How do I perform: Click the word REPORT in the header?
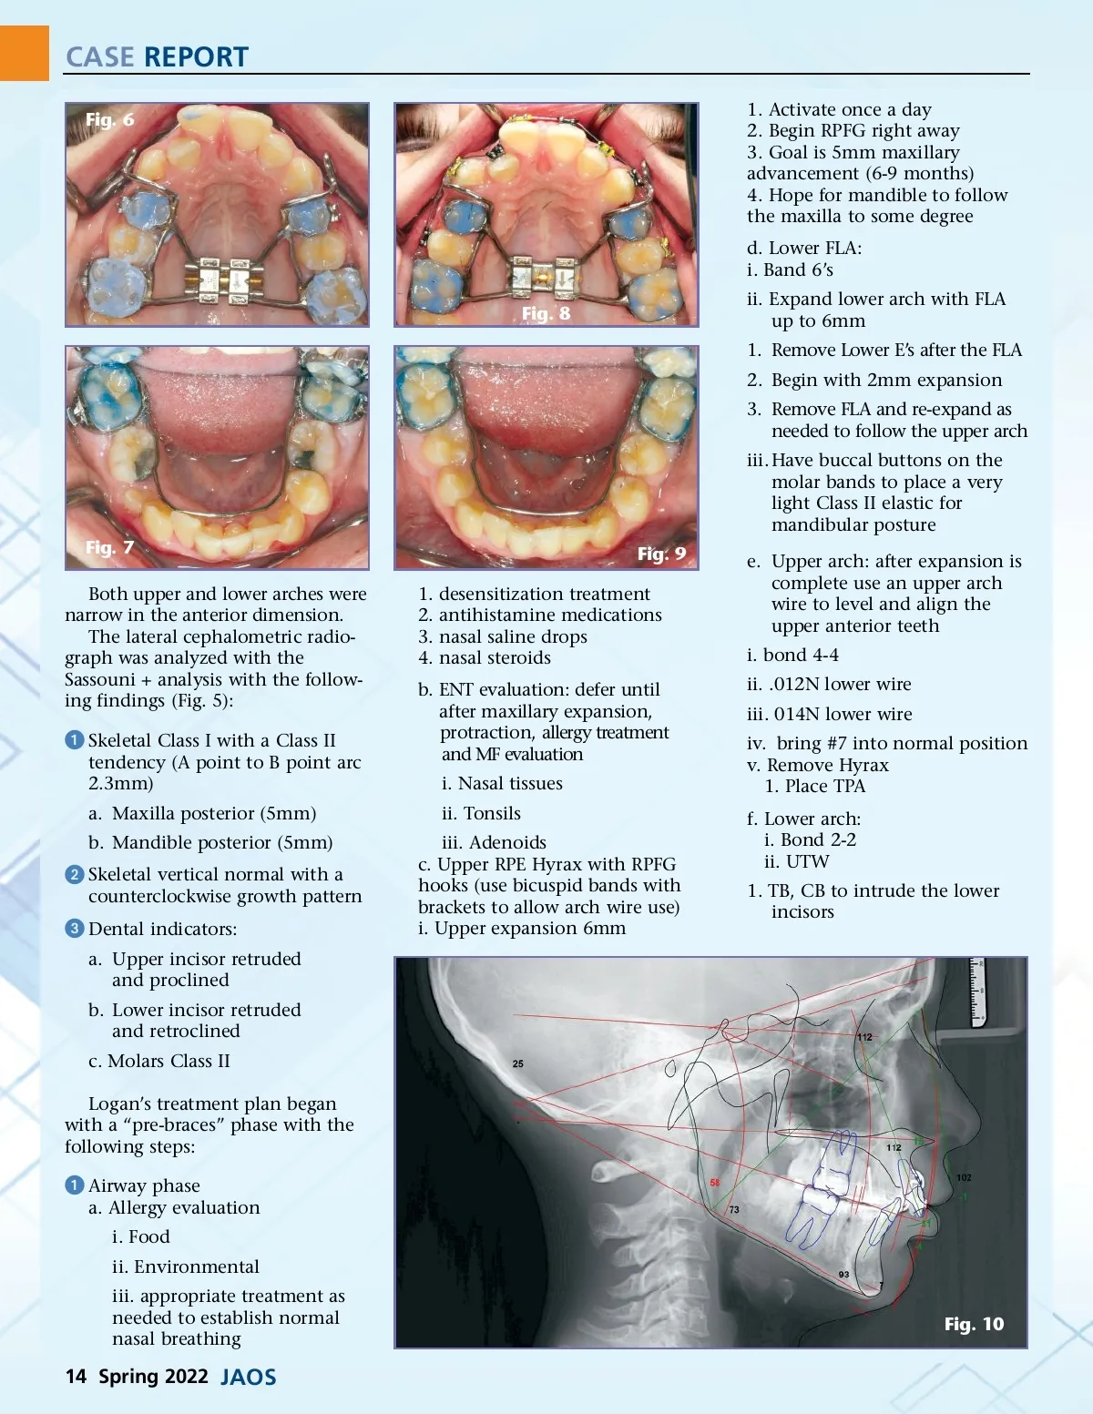coord(196,56)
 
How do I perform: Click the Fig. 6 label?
coord(109,119)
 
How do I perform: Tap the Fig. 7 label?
coord(109,547)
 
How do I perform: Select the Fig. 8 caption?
coord(546,313)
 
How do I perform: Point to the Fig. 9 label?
coord(661,554)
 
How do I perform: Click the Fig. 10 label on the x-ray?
coord(974,1324)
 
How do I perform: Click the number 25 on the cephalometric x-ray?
coord(517,1063)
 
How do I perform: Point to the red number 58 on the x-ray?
coord(715,1183)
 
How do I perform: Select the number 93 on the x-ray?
coord(843,1275)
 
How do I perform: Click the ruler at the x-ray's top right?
coord(977,992)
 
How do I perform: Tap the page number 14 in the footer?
coord(76,1376)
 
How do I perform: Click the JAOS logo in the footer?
coord(248,1377)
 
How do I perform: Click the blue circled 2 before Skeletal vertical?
coord(75,874)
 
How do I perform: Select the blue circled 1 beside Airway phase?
coord(75,1185)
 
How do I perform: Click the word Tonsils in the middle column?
coord(492,813)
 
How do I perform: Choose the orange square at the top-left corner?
coord(24,53)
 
